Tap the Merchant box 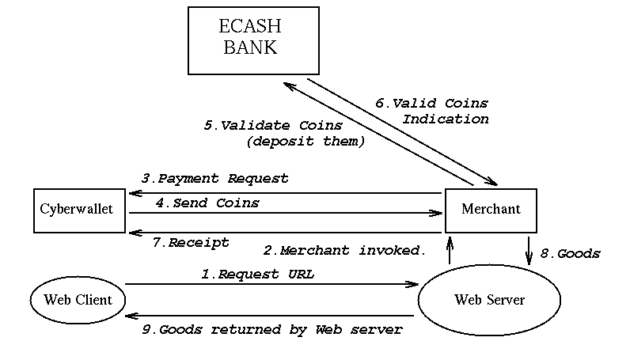[x=491, y=210]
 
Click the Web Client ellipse [x=77, y=299]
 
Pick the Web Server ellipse [x=489, y=300]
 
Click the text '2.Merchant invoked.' [x=345, y=250]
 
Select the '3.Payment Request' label [x=214, y=179]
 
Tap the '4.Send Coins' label [x=207, y=203]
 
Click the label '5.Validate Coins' [x=272, y=125]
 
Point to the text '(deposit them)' [x=306, y=142]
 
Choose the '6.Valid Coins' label [x=431, y=103]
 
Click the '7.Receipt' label [x=190, y=243]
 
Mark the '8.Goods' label [x=570, y=254]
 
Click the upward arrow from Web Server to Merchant [x=450, y=249]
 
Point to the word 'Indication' [x=445, y=119]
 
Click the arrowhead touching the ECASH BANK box [x=290, y=85]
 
